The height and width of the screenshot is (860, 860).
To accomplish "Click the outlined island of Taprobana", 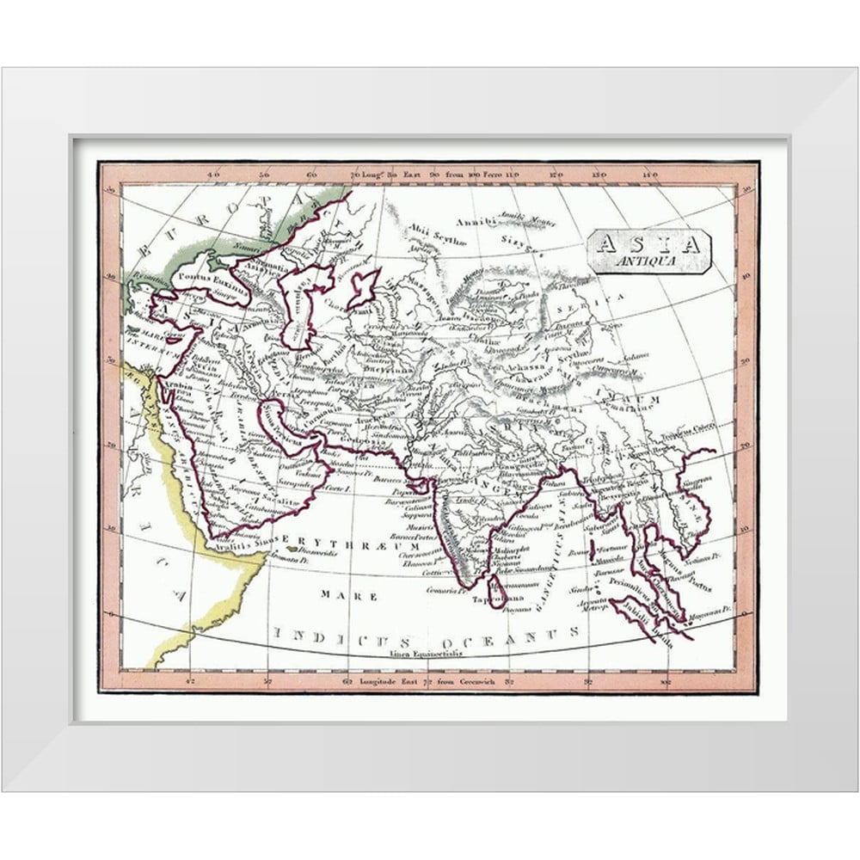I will pos(497,593).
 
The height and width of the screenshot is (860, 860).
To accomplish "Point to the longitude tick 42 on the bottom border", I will pos(191,684).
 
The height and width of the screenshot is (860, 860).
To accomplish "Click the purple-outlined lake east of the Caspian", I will pos(362,286).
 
